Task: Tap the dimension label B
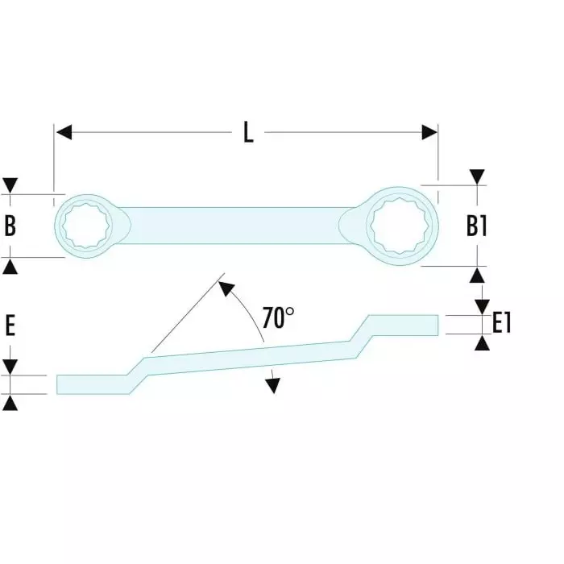10,226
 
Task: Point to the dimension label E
10,326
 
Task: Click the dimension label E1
501,324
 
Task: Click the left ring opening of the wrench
88,226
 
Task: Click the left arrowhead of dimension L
64,132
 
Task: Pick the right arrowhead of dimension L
429,132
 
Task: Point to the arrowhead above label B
10,185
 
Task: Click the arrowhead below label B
10,266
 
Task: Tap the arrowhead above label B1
478,176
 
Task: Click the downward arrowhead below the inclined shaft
273,385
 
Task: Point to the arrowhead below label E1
482,342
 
